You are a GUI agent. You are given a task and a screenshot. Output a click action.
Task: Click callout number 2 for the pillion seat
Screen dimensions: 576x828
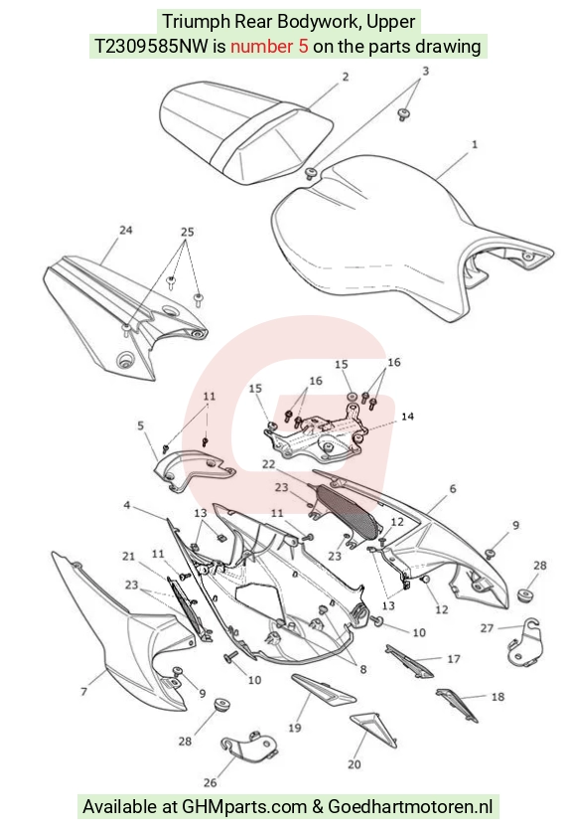click(345, 78)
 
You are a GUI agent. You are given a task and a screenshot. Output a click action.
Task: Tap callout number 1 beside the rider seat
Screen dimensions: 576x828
click(474, 144)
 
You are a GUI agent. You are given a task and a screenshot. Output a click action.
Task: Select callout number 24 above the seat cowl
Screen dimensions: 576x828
click(125, 231)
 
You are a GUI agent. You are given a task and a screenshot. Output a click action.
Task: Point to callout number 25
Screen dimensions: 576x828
click(188, 232)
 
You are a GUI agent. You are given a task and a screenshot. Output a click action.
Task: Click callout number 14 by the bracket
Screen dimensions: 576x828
click(407, 416)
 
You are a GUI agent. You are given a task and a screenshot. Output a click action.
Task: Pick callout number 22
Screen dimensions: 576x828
click(268, 464)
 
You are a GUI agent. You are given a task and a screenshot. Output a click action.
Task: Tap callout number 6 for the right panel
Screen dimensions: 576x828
click(453, 489)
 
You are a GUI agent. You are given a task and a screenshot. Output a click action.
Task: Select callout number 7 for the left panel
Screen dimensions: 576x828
click(83, 691)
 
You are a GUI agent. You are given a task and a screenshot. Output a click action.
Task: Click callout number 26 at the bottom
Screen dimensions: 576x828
click(210, 782)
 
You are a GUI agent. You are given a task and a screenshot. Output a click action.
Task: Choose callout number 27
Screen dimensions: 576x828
click(487, 628)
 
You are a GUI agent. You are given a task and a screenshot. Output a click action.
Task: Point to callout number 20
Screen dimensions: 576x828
click(355, 764)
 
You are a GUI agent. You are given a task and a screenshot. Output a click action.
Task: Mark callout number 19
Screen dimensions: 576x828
click(294, 728)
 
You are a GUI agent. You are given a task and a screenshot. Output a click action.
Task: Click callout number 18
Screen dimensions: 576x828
click(498, 697)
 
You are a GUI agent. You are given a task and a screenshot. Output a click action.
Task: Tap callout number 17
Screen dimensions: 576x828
click(454, 659)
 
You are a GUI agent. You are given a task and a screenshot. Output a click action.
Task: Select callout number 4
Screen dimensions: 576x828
click(126, 505)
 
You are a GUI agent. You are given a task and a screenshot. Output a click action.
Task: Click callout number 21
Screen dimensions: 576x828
click(129, 556)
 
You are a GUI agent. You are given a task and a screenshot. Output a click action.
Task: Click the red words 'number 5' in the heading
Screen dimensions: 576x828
click(269, 46)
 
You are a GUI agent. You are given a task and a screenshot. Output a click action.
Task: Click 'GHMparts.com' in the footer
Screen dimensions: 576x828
click(244, 807)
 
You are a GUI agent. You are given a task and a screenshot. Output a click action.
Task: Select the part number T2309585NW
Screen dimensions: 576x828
click(151, 46)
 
